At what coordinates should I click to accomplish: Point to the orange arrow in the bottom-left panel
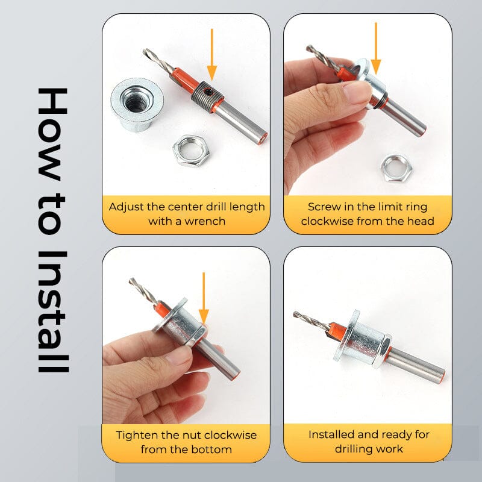(x=204, y=298)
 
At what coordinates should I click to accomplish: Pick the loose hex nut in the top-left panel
(x=191, y=151)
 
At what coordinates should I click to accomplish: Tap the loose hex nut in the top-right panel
(x=395, y=168)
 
